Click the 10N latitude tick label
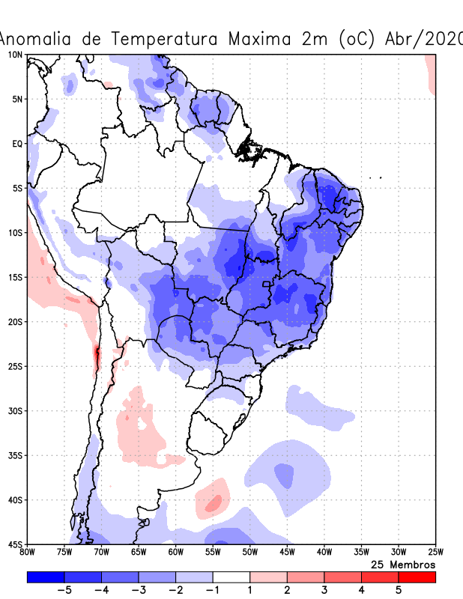[x=15, y=55]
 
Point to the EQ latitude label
[x=16, y=143]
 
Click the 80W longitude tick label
[x=27, y=553]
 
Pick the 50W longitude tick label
[x=249, y=553]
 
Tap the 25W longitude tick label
[x=435, y=553]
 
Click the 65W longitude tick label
[x=138, y=553]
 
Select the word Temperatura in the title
[x=166, y=38]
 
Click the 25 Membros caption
[x=403, y=564]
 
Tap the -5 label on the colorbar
[x=64, y=590]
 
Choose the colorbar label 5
[x=399, y=590]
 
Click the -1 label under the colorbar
[x=212, y=590]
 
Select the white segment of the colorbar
[x=231, y=577]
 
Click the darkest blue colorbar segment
[x=45, y=577]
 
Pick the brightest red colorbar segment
[x=417, y=577]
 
